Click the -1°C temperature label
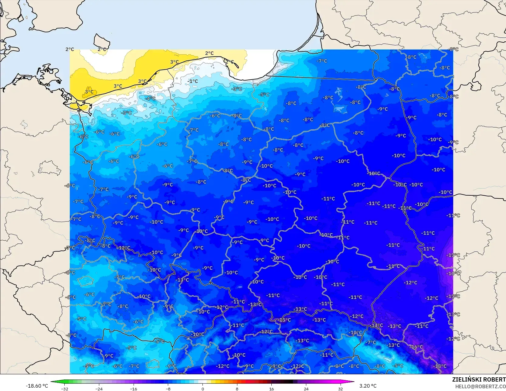pos(193,81)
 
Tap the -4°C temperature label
pos(150,98)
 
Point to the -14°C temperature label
pos(377,325)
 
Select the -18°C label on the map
pos(440,366)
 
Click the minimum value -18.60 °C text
pos(37,386)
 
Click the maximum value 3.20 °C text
pos(368,386)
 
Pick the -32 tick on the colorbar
pos(64,389)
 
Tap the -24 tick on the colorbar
pos(99,389)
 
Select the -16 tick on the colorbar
pos(134,389)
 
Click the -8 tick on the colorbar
pos(168,389)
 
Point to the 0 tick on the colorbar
pos(202,389)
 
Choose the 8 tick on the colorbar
pos(237,389)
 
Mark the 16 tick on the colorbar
pos(271,389)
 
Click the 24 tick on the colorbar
pos(306,389)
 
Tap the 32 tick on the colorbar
pos(340,389)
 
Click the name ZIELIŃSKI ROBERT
pos(479,379)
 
